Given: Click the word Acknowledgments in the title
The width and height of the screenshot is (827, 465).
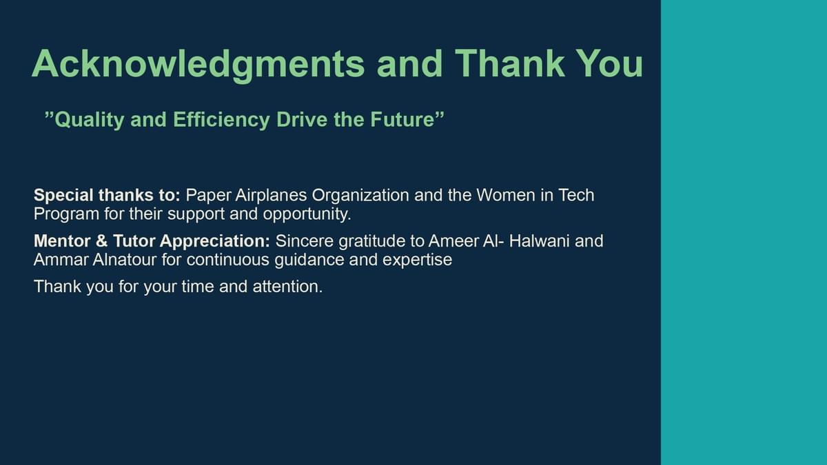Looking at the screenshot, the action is click(x=198, y=65).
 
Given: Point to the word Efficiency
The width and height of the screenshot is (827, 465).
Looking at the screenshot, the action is click(x=221, y=121).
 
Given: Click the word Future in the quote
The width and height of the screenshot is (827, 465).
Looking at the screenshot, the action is click(x=407, y=120).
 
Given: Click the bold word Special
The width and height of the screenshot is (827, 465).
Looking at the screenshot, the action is click(x=63, y=196).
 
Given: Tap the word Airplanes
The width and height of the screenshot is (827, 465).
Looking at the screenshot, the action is click(x=271, y=195).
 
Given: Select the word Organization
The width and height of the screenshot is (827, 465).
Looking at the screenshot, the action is click(x=360, y=196).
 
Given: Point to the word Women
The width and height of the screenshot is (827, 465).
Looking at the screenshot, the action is click(x=505, y=195).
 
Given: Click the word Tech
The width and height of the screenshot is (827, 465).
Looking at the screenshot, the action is click(x=576, y=195).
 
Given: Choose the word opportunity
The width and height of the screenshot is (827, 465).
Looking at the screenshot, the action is click(x=307, y=214).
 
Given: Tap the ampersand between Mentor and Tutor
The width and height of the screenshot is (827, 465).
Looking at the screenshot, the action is click(x=101, y=241).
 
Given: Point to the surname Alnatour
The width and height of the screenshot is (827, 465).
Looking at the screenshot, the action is click(x=125, y=260).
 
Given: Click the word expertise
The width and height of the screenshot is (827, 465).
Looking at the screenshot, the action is click(x=417, y=260).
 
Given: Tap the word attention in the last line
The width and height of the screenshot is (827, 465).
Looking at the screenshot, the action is click(x=287, y=287).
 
